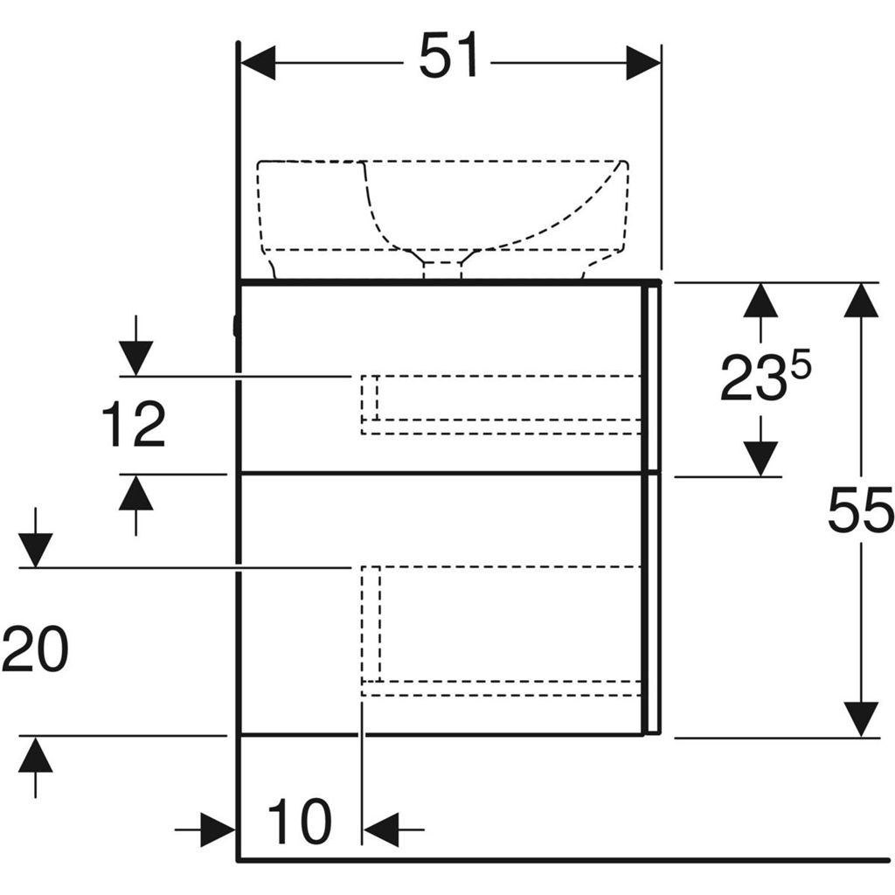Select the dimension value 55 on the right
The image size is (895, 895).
tap(860, 510)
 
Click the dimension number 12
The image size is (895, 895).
tap(134, 426)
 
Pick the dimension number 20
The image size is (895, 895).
tap(35, 650)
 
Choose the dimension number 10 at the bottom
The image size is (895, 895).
tap(300, 823)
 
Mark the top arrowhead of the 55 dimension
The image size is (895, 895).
tap(861, 301)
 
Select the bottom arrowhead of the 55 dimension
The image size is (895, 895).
tap(861, 718)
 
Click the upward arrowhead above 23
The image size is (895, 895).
tap(760, 301)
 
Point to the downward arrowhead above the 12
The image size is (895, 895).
tap(135, 358)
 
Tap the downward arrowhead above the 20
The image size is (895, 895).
tap(35, 551)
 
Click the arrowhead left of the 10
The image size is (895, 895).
tap(218, 829)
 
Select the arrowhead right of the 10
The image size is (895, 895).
tap(381, 829)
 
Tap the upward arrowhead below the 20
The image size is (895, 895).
tap(35, 754)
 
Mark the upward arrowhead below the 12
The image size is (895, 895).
tap(135, 493)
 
